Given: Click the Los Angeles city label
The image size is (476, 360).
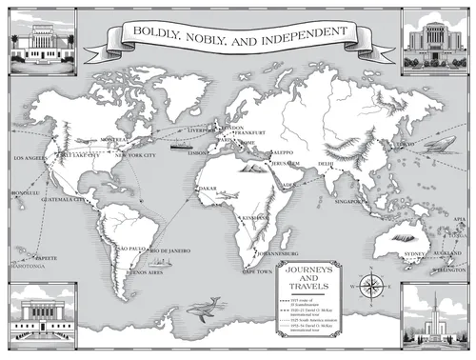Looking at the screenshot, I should point(28,156).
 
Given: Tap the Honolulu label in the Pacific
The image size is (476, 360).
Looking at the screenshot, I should point(24,191).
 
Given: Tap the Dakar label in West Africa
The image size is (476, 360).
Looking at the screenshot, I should point(207,189).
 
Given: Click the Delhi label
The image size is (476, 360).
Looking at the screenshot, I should point(325,164).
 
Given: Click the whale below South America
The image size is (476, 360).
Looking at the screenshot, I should point(202,306).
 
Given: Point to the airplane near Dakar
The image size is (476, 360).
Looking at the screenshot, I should point(227,196).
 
